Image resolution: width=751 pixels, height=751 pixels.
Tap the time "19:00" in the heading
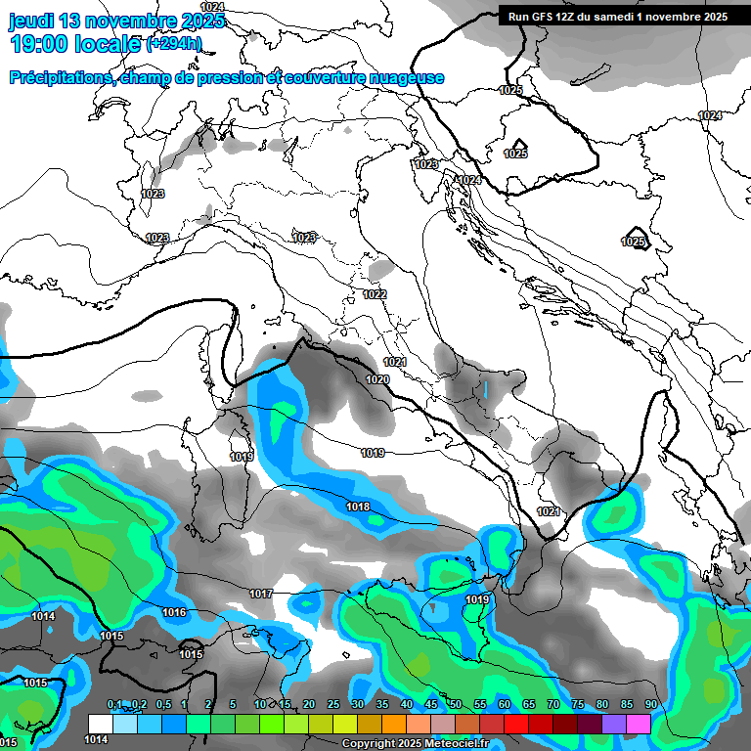pos(38,45)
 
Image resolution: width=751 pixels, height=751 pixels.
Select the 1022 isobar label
pos(375,294)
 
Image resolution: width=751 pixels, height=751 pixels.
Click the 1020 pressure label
pos(378,379)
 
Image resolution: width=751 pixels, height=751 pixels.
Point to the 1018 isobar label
pos(358,507)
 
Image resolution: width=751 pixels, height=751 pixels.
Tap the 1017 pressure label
pos(260,594)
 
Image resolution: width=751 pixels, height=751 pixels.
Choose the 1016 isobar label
pos(174,612)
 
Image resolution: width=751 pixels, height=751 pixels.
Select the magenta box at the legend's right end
pos(639,723)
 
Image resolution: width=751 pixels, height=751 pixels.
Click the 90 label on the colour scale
pos(650,704)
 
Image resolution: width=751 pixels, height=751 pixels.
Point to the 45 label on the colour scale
pos(430,704)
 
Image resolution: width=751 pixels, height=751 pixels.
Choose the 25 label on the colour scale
pos(332,704)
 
